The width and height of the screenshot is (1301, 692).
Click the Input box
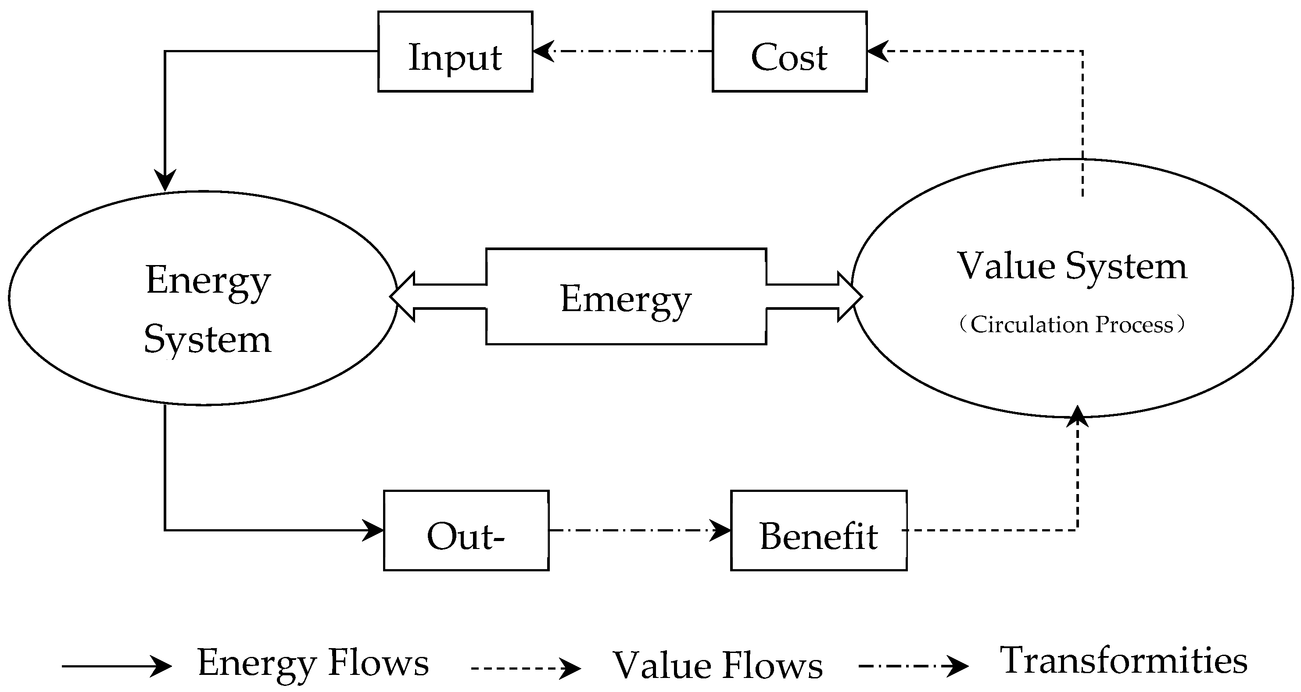[455, 51]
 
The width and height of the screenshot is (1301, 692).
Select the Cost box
[789, 51]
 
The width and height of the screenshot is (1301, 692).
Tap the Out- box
[466, 531]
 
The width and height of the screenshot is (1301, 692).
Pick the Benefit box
[819, 531]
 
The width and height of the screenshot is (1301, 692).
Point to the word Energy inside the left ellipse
[208, 281]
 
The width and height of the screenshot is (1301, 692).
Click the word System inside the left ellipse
[208, 340]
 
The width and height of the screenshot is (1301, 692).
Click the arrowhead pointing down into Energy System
[165, 181]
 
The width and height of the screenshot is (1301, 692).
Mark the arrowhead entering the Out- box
[374, 531]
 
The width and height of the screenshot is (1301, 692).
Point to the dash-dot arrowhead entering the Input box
[543, 51]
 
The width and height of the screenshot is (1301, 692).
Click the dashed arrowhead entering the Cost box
[878, 51]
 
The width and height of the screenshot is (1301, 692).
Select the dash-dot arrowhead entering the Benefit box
[720, 531]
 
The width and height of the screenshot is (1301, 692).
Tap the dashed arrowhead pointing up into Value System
[1077, 417]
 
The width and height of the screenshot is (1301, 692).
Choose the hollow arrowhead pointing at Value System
[849, 297]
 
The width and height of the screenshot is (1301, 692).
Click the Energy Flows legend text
[313, 662]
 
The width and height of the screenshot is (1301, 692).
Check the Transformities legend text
[1124, 661]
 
